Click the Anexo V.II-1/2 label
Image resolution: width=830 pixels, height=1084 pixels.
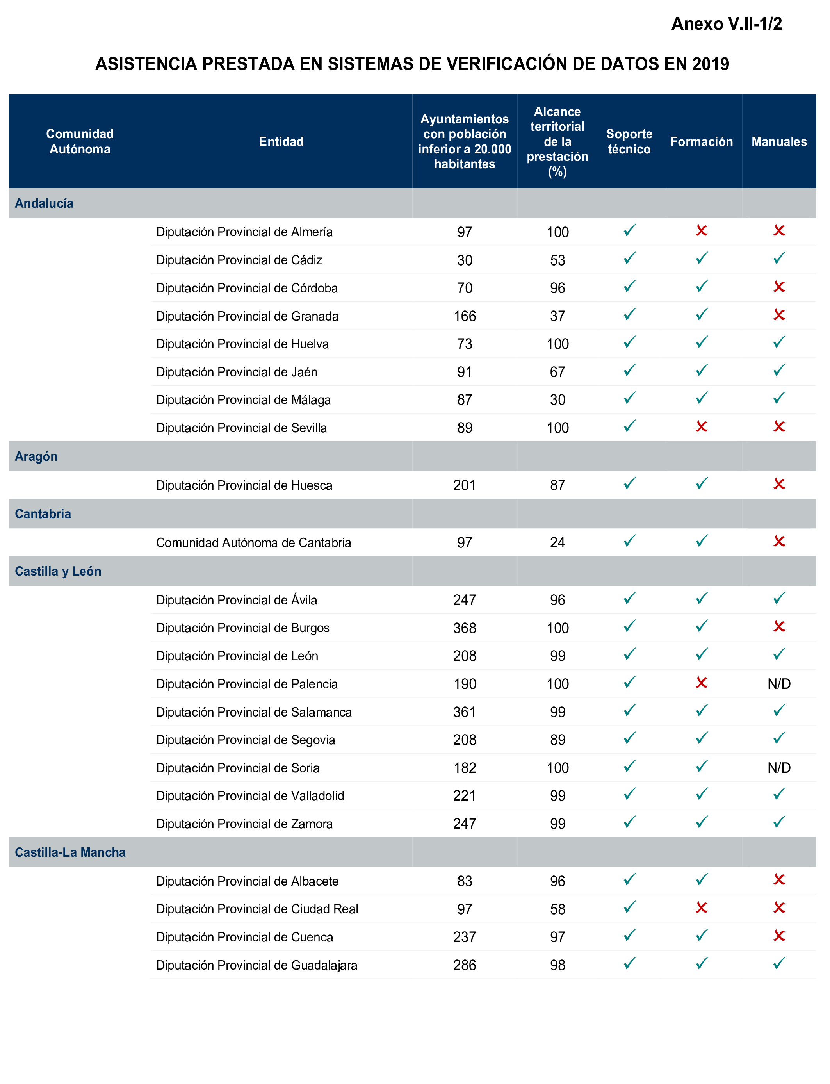click(726, 24)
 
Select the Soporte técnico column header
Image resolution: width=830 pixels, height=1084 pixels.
click(629, 141)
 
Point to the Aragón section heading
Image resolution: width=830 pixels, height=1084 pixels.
click(36, 456)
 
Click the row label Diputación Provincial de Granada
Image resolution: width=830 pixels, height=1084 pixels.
click(247, 316)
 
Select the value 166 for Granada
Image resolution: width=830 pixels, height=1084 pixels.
click(465, 316)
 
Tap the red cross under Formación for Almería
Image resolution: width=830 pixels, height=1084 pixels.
click(701, 230)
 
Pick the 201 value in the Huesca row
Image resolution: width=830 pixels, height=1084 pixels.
click(465, 485)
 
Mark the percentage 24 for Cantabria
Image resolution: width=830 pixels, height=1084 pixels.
click(557, 542)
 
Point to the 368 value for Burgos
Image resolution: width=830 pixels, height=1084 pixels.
click(465, 628)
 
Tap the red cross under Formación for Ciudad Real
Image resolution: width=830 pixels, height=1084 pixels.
click(701, 907)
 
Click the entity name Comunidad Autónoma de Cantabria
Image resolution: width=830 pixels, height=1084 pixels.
click(253, 542)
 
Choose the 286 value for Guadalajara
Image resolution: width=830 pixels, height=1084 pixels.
click(465, 965)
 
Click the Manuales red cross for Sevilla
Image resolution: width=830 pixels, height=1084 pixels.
click(779, 426)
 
